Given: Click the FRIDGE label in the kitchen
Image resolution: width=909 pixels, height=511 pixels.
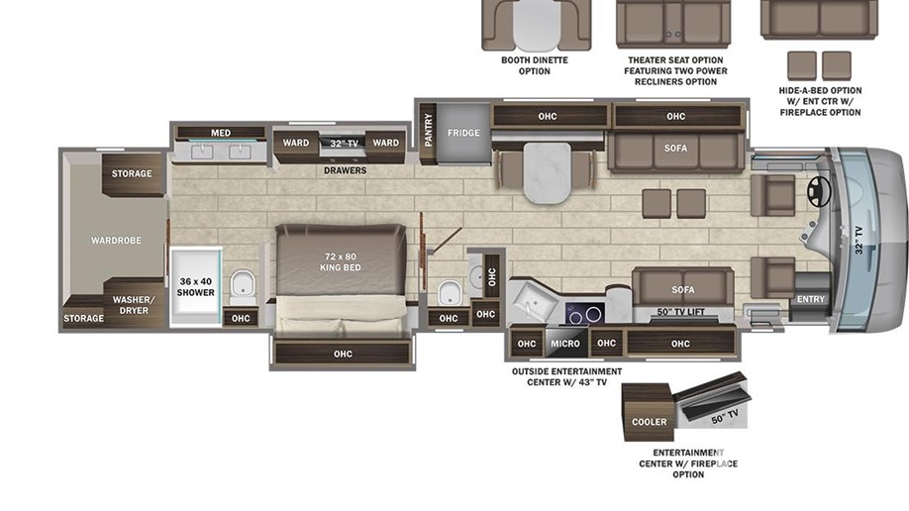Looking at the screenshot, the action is coord(463,133).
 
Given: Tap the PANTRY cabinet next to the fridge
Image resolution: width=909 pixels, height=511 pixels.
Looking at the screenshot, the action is coord(428,133).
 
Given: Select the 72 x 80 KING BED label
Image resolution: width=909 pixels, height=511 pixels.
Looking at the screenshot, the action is coord(341,261).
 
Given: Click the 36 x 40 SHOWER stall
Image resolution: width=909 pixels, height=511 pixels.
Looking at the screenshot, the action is coord(195,286).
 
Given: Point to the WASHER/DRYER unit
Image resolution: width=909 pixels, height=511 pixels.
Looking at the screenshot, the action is coord(134,304).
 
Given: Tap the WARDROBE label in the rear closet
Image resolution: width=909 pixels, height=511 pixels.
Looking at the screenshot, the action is coord(116,240).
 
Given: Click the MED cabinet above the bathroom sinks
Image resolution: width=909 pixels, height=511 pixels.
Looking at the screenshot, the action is coord(220,133).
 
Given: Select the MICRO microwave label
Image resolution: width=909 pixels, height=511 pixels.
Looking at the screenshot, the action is coord(565,344).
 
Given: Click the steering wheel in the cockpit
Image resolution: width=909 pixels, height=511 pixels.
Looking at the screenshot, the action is coord(819,190).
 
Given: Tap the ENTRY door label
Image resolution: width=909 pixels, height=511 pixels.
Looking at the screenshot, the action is coord(810,299).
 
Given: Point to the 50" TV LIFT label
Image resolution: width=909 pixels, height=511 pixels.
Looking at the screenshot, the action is coord(680,312).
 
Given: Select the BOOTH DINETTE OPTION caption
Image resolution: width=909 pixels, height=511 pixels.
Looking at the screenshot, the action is coord(535,65).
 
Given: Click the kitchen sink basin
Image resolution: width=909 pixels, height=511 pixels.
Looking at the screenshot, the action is coord(531,301).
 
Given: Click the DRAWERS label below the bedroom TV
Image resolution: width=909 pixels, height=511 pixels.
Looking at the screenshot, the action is coord(345,170).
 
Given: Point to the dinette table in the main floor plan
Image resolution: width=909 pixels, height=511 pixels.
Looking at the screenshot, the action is coord(547,173).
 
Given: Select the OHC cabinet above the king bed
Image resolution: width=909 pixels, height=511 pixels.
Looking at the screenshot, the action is coord(343,354).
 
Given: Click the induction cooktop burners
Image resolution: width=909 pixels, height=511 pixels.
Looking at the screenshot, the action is coord(585,314).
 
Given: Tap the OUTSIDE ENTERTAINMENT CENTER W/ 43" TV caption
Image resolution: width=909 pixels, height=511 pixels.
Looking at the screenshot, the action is coord(566,376).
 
